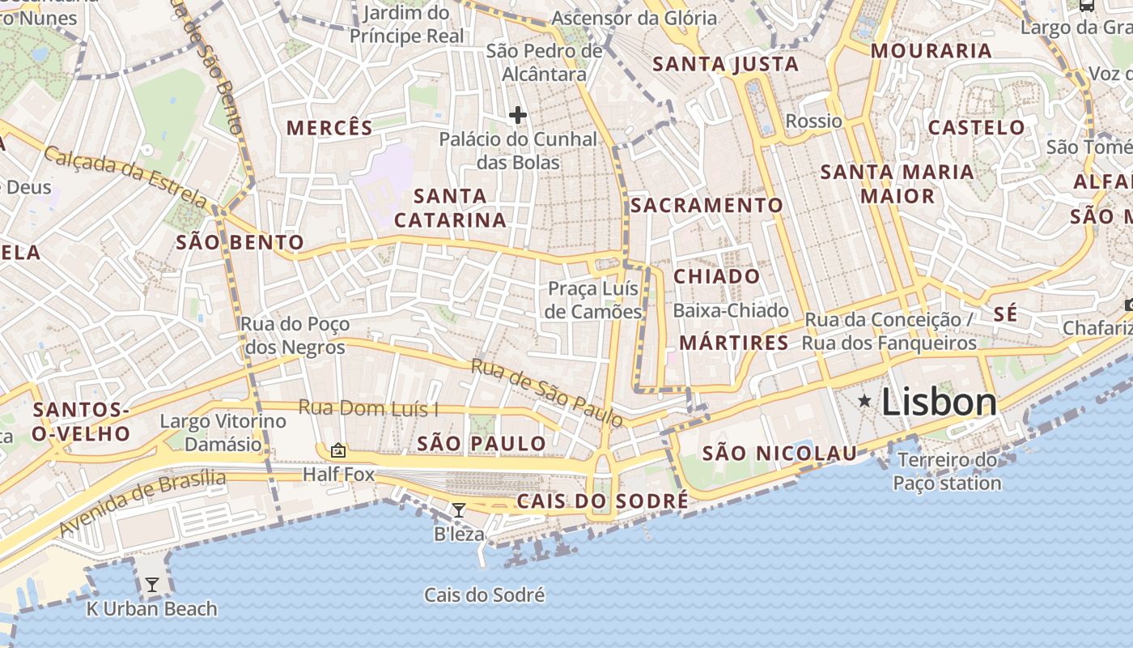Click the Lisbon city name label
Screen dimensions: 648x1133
tap(939, 402)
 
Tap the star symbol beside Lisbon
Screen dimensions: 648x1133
tap(865, 400)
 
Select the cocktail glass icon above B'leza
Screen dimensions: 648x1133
tap(459, 510)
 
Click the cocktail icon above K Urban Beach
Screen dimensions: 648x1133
tap(152, 585)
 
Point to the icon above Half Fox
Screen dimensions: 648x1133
tap(338, 450)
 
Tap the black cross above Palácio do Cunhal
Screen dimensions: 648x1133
tap(518, 115)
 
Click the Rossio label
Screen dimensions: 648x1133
tap(814, 122)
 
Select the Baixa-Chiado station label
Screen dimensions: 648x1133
tap(731, 310)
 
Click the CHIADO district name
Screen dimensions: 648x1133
tap(717, 276)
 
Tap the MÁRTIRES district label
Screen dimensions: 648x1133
tap(734, 343)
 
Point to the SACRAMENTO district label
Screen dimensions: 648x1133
tap(707, 206)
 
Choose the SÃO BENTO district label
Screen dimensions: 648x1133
tap(240, 242)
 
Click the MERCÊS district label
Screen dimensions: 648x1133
tap(330, 128)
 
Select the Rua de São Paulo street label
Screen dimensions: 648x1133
tap(547, 393)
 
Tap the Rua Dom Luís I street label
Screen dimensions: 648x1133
tap(368, 407)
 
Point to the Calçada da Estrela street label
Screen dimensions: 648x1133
tap(125, 175)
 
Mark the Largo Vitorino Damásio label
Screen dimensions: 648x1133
tap(223, 433)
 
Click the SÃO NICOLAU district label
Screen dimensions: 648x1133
tap(779, 454)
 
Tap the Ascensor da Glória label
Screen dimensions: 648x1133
tap(634, 18)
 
